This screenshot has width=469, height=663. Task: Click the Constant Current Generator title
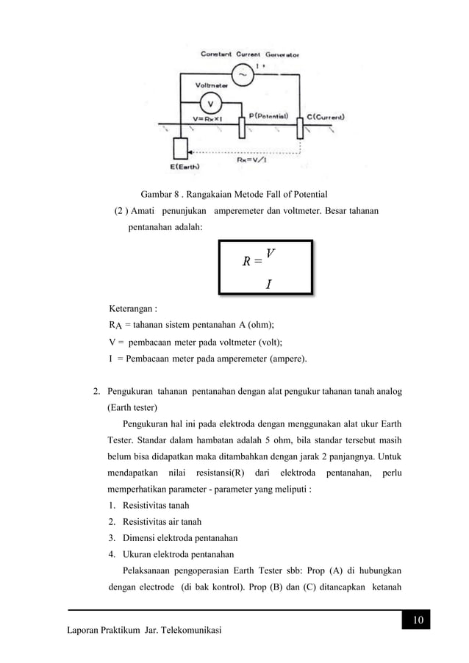tap(250, 54)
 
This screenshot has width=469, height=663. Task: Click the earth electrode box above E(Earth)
tap(179, 148)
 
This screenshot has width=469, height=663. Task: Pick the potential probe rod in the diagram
tap(242, 126)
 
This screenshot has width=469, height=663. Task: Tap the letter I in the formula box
tap(269, 284)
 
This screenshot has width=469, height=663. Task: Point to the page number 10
tap(417, 623)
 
